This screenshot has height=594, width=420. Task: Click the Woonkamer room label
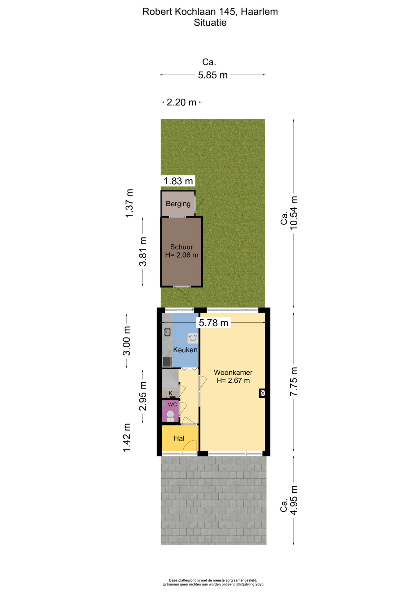233,372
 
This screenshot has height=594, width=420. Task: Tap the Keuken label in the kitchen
185,350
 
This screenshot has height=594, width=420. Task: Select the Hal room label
179,438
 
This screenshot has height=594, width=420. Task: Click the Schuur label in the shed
182,247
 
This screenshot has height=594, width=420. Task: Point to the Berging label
178,204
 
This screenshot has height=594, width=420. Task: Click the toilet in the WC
170,415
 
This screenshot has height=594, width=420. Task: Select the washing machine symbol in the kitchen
193,338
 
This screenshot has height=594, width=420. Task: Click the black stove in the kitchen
167,362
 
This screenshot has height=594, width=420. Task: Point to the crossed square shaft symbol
263,393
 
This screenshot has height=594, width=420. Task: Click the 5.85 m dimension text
213,75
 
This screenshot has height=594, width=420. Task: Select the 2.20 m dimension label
182,102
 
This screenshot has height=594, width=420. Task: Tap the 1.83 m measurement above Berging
178,181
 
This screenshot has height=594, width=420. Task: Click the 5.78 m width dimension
214,323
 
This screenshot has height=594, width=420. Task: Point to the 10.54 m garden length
293,213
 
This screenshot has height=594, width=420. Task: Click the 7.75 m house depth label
294,381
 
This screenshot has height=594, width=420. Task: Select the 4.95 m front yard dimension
294,500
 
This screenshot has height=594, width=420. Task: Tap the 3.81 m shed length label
143,252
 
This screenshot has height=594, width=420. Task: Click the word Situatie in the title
210,23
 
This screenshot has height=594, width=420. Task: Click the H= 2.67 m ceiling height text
233,381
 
